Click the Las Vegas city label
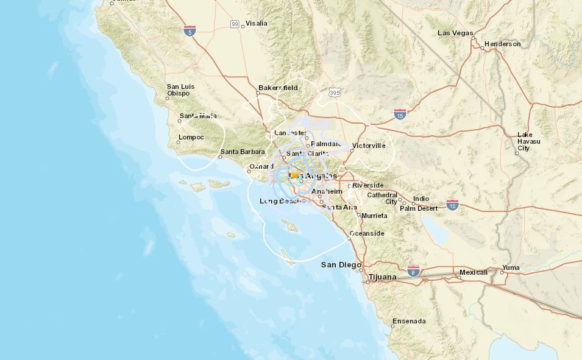455,33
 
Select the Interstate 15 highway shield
400,114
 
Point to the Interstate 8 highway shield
414,270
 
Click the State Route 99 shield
235,24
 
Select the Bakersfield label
278,88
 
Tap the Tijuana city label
383,277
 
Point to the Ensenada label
410,321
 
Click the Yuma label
511,268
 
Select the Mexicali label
474,272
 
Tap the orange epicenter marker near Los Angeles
295,175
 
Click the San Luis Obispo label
180,90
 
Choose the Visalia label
256,24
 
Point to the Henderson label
503,44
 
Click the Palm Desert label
419,208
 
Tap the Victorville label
369,146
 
